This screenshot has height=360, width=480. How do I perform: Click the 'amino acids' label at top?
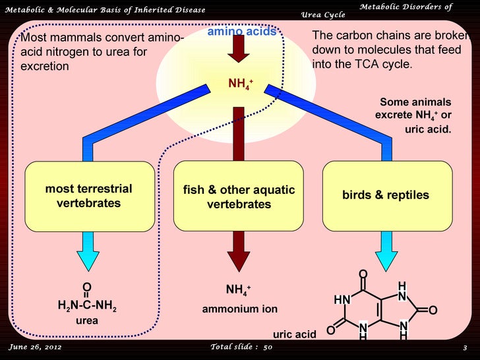[x=241, y=32]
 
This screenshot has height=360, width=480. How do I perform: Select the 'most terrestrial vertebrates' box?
[x=88, y=196]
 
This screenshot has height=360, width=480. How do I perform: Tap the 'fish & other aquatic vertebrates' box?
[x=239, y=197]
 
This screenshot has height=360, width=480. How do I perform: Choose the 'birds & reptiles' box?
[x=386, y=195]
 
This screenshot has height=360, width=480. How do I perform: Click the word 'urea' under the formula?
[x=86, y=320]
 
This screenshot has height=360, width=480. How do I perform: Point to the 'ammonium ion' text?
[x=239, y=309]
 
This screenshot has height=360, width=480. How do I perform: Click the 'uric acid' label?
[x=295, y=334]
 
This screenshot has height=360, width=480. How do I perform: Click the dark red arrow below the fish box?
[x=239, y=252]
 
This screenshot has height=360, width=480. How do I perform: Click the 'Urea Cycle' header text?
[x=322, y=15]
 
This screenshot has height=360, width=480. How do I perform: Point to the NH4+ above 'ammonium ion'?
[x=238, y=290]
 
